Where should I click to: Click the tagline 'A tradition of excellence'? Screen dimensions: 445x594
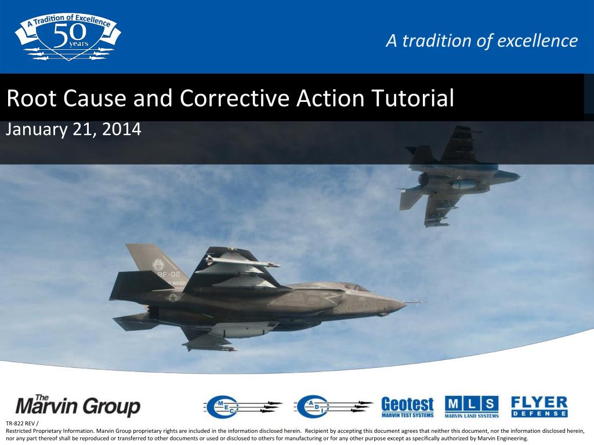pos(482,41)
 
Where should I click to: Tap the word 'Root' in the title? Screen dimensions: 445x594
pos(28,99)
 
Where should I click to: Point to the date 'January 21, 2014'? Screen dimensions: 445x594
pos(73,129)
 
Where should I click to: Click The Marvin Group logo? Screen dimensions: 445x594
pos(78,406)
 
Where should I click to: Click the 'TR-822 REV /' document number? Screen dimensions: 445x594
pos(21,424)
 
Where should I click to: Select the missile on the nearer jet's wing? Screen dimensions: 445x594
pos(244,262)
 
